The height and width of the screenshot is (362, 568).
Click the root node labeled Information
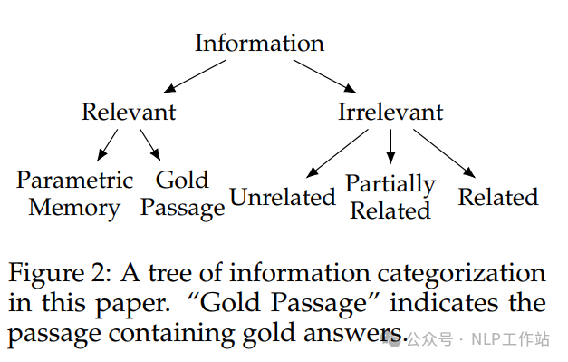coord(259,43)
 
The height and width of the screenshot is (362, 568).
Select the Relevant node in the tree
coord(129,112)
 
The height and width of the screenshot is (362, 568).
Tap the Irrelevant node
coord(390,112)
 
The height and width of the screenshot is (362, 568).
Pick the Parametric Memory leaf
coord(74,193)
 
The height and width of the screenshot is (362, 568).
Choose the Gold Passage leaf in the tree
coord(182,193)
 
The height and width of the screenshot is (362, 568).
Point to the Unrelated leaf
coord(283,197)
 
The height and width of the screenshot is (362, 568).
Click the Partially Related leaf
coord(390,197)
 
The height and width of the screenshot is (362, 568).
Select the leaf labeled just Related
coord(497,197)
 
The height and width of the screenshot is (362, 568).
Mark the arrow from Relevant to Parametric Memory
coord(109,144)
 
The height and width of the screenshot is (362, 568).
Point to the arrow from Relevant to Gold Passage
coord(150,144)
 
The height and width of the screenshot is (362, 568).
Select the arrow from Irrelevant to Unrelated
coord(337,152)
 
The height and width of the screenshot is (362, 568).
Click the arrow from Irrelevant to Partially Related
coord(390,145)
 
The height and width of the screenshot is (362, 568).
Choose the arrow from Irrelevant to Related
coord(443,152)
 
